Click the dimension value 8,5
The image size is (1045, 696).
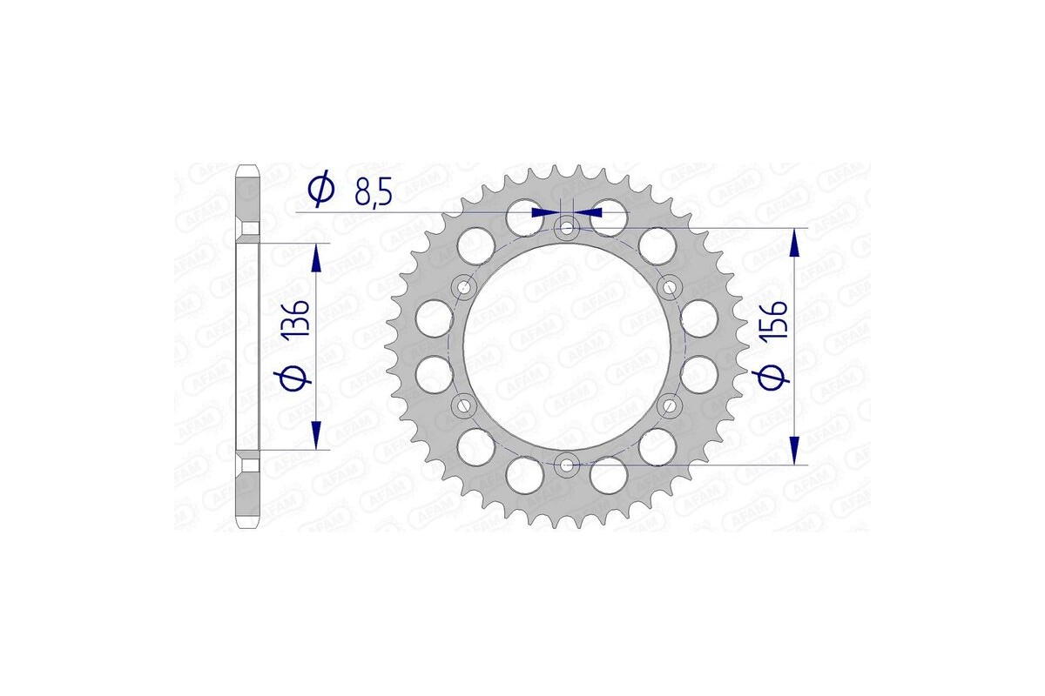click(372, 191)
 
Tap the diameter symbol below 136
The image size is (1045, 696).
click(293, 379)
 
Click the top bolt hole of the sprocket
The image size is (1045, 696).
click(567, 228)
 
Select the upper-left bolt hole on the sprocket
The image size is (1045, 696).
click(464, 287)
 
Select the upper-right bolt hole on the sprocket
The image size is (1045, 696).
click(670, 287)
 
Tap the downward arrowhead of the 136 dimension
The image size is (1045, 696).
click(315, 435)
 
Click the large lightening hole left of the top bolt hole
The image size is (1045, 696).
click(525, 216)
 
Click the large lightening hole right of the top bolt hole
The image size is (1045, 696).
click(609, 216)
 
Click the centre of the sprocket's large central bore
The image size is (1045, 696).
click(567, 346)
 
